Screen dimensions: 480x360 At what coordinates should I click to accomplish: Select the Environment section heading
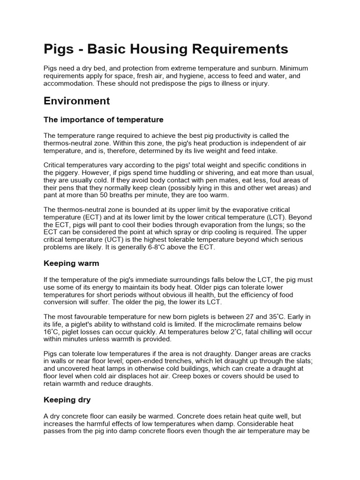tap(76, 101)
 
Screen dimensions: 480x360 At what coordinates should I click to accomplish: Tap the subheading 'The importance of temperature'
tap(103, 120)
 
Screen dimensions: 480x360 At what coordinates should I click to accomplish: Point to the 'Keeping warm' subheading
tap(71, 263)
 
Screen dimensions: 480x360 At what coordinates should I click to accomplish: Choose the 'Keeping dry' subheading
tap(67, 400)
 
